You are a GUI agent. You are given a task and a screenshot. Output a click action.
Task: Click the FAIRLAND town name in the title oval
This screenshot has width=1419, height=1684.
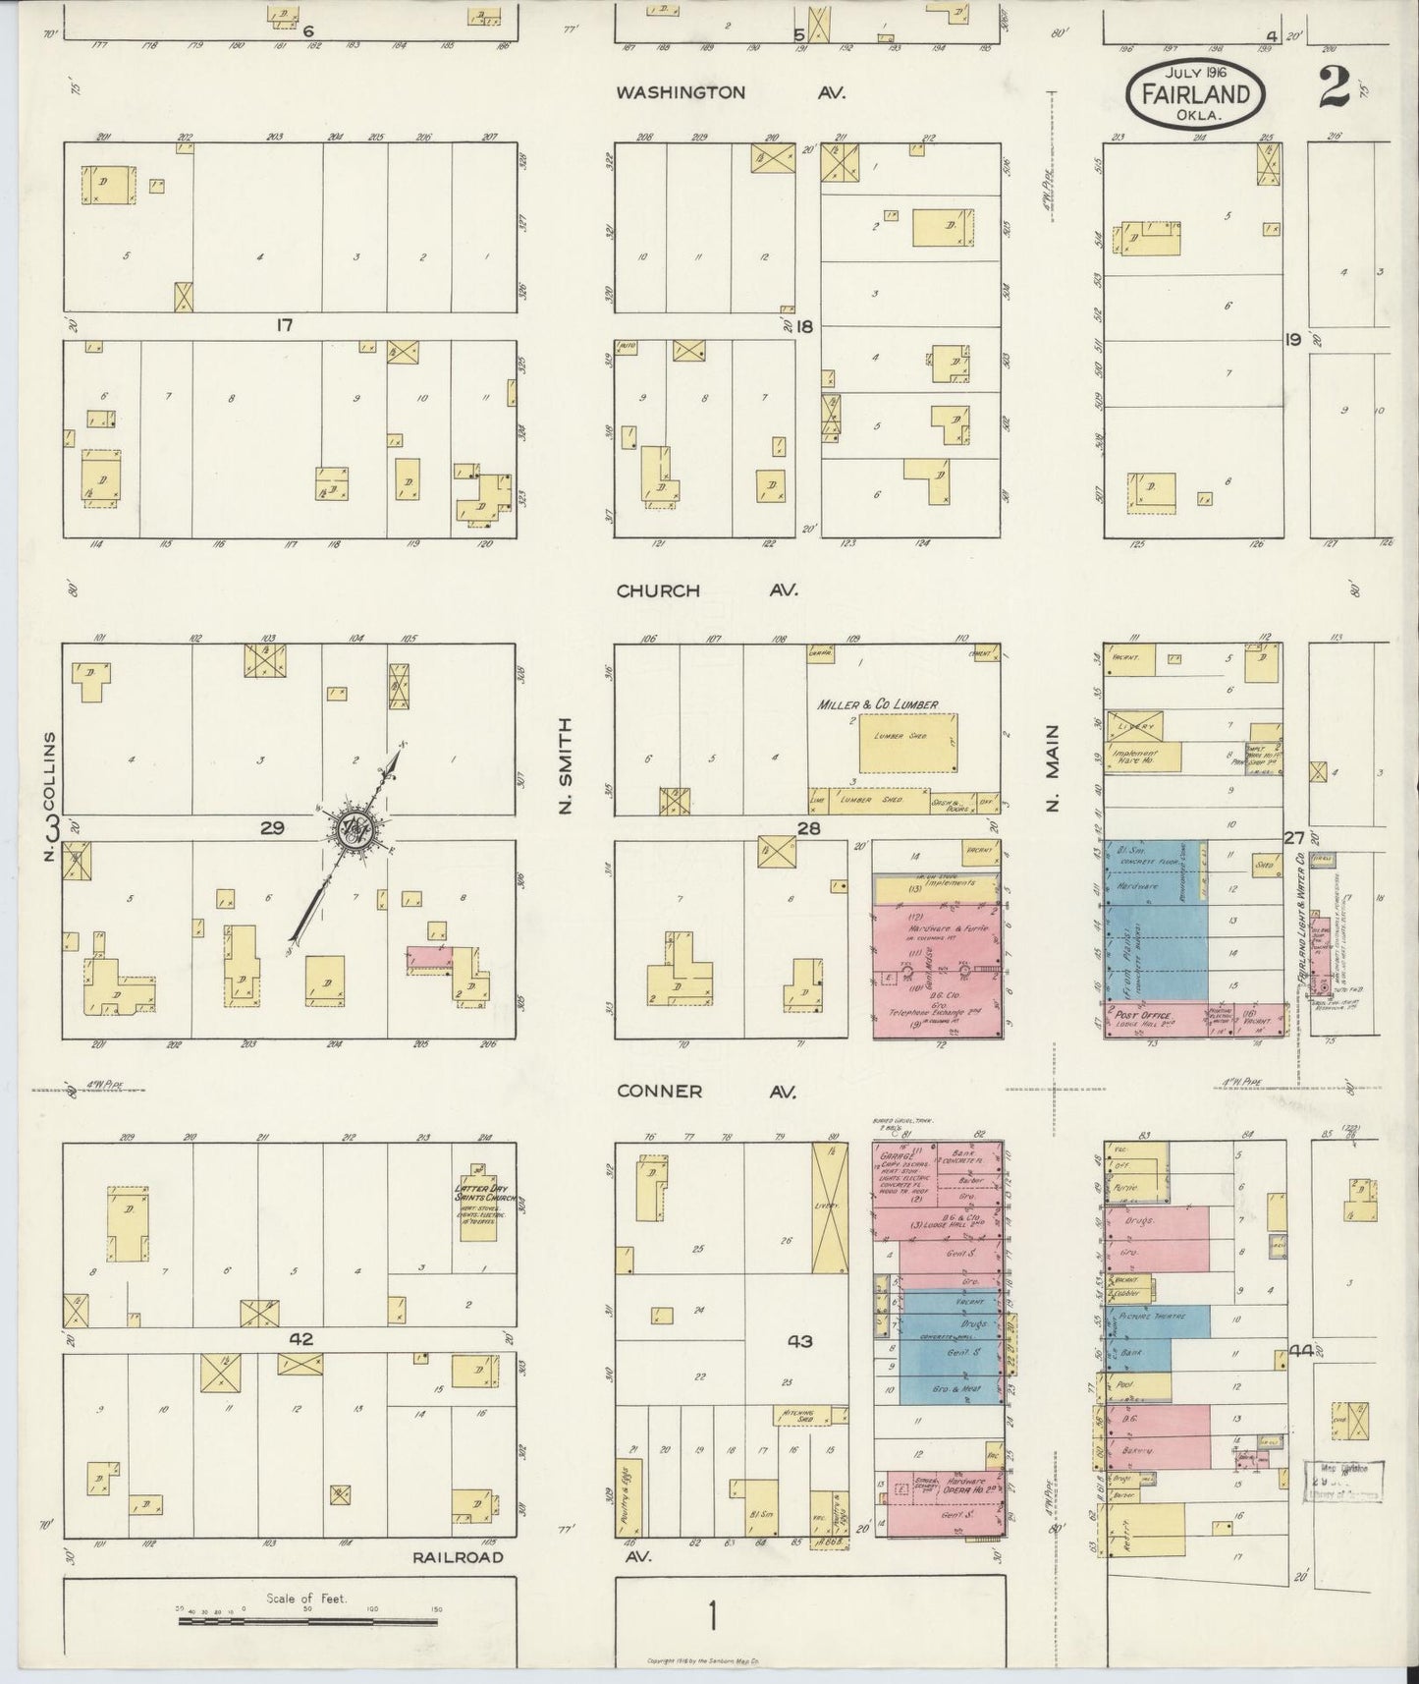[1194, 94]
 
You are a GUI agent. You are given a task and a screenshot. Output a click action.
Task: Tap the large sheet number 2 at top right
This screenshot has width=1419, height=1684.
[1335, 89]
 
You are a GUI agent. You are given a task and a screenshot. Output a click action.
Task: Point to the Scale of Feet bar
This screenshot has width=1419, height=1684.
[308, 1623]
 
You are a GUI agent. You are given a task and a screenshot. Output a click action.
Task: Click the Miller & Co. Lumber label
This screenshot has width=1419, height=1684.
[877, 704]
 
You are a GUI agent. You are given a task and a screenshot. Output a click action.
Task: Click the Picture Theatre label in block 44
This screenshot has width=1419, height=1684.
[1151, 1316]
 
